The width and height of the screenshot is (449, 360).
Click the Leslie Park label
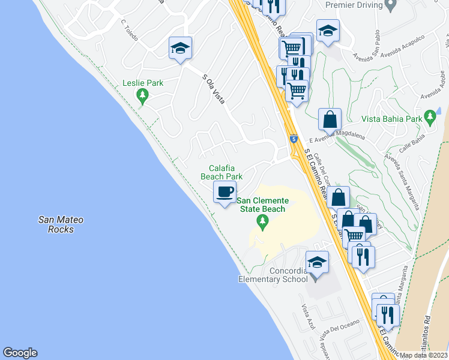click(143, 83)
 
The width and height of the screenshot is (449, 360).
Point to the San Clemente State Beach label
click(262, 205)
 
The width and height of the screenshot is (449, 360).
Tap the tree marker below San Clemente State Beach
click(262, 222)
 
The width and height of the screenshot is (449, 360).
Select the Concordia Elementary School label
click(273, 275)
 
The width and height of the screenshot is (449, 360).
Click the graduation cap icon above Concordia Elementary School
click(317, 263)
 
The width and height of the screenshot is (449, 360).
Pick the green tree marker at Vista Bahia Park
click(429, 116)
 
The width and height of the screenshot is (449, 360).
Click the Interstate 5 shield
click(293, 139)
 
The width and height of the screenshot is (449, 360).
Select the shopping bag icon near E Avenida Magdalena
click(330, 119)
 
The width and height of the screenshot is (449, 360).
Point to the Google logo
click(20, 352)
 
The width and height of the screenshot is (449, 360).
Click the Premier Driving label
click(354, 5)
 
